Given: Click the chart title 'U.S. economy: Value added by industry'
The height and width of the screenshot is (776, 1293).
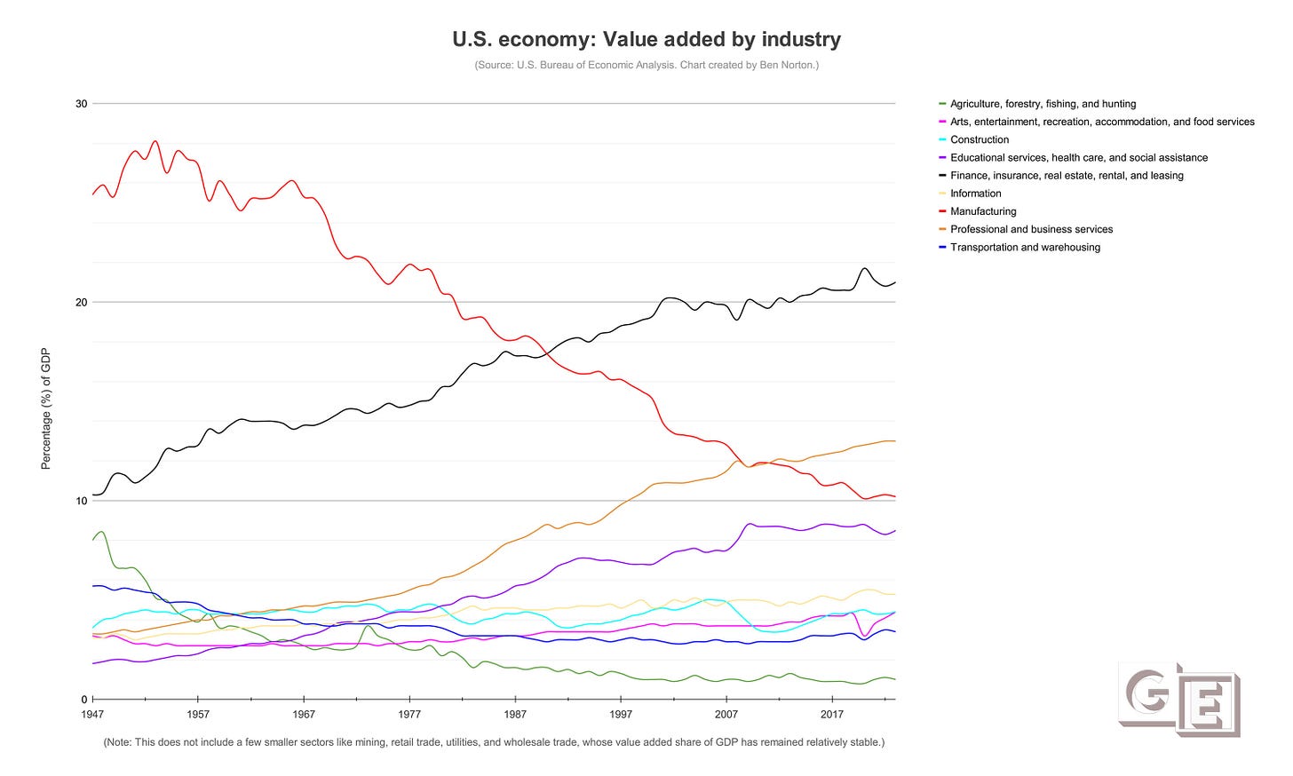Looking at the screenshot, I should point(646,39).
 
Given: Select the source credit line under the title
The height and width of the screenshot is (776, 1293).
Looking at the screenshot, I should point(646,65).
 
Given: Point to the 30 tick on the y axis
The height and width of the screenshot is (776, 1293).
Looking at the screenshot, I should point(81,104).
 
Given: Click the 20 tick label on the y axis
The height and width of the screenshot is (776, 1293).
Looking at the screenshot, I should point(81,303).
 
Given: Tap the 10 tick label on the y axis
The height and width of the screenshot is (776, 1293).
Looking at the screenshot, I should point(81,501).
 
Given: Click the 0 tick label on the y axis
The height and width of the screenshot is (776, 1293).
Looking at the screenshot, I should point(83,700).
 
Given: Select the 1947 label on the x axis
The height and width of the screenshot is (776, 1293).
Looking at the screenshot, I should point(92,715).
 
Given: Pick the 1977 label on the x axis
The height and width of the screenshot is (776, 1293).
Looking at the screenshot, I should point(409,715).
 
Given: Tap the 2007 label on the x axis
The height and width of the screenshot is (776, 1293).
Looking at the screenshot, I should point(726,715).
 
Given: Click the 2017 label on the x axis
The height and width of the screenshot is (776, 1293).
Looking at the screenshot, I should point(832,715).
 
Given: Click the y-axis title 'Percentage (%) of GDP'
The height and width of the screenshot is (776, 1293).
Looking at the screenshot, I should point(46,408).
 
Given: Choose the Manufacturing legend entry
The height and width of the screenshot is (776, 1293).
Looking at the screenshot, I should point(983,211).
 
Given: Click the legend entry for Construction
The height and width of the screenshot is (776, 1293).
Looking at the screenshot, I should point(980,139).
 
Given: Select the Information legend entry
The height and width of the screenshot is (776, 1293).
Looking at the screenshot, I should point(975,194).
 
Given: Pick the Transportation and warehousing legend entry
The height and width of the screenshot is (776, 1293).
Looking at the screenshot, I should point(1025,247).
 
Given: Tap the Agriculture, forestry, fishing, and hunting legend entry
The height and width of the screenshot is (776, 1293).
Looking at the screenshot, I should point(1043,104).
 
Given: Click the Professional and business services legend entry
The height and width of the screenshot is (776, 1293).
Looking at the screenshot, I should point(1031,229).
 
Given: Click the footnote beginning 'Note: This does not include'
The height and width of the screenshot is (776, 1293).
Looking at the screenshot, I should point(494,742).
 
